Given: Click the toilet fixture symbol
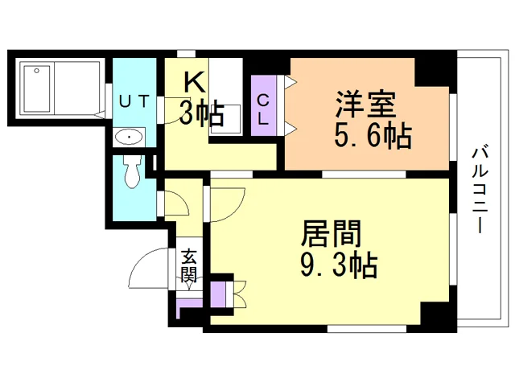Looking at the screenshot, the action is [x=132, y=171].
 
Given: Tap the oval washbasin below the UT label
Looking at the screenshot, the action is [x=130, y=137].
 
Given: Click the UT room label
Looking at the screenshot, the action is [x=134, y=101].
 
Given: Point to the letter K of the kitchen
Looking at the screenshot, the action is [x=195, y=82].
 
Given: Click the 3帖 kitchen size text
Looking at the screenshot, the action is [x=202, y=114].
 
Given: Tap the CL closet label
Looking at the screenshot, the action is [x=263, y=110].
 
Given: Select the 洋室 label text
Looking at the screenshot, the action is [x=365, y=105].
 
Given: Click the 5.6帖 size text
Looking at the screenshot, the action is [x=373, y=136].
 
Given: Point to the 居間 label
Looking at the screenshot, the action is [x=331, y=234].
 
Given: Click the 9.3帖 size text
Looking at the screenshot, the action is [x=339, y=265].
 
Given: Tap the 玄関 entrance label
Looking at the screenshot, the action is [x=188, y=266].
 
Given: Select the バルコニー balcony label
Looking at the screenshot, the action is [x=480, y=189].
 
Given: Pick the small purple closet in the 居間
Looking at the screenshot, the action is [x=218, y=294].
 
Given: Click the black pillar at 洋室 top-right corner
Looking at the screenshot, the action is [x=435, y=72].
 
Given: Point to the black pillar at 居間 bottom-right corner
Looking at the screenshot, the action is [x=439, y=314].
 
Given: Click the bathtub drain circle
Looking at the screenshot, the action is [x=37, y=71].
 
